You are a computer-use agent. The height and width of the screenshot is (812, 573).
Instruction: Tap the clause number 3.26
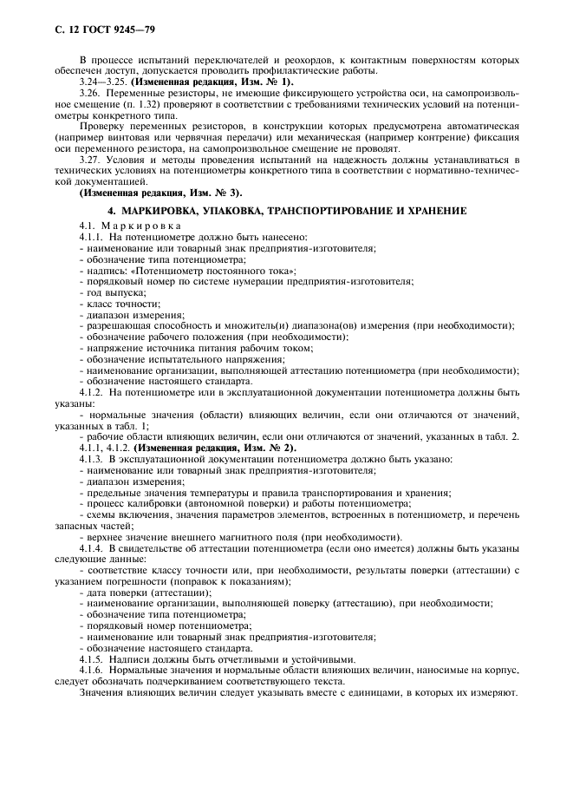[90, 93]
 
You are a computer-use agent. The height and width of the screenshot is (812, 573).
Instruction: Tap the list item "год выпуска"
[108, 292]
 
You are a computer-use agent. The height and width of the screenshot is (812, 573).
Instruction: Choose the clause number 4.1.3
[91, 458]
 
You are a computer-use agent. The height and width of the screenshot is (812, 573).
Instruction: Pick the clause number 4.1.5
[91, 658]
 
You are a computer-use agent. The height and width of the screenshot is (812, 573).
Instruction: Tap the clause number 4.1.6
[91, 670]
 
